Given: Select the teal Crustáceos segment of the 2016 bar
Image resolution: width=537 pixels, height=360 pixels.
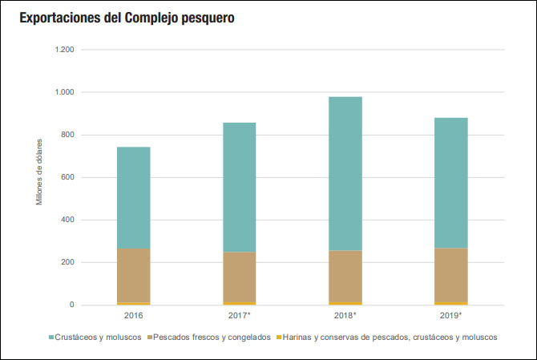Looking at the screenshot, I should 133,197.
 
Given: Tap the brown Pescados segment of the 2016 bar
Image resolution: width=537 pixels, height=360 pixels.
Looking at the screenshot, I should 133,275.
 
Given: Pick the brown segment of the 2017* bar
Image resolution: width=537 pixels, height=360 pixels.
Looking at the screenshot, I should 239,277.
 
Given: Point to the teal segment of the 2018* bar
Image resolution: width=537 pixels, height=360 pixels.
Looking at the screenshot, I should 345,173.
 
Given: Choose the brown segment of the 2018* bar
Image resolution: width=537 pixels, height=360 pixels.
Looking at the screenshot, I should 345,276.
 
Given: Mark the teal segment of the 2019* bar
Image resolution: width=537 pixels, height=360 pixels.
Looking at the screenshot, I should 450,183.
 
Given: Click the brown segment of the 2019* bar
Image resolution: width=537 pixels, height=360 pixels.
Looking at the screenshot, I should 450,275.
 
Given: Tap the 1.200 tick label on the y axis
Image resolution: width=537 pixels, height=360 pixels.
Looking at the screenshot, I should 64,50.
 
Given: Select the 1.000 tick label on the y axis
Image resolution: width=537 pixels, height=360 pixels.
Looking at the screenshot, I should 64,92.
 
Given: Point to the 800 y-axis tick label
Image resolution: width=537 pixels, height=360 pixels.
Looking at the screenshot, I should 67,135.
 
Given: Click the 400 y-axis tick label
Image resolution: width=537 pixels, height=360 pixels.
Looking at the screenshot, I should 67,220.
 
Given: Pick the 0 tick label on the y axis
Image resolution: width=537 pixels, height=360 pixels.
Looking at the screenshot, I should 71,305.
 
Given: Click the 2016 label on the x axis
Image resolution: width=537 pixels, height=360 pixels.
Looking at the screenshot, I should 133,316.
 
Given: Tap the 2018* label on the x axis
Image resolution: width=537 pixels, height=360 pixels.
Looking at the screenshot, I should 345,316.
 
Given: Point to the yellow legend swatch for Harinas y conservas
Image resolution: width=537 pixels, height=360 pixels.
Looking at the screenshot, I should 278,338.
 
